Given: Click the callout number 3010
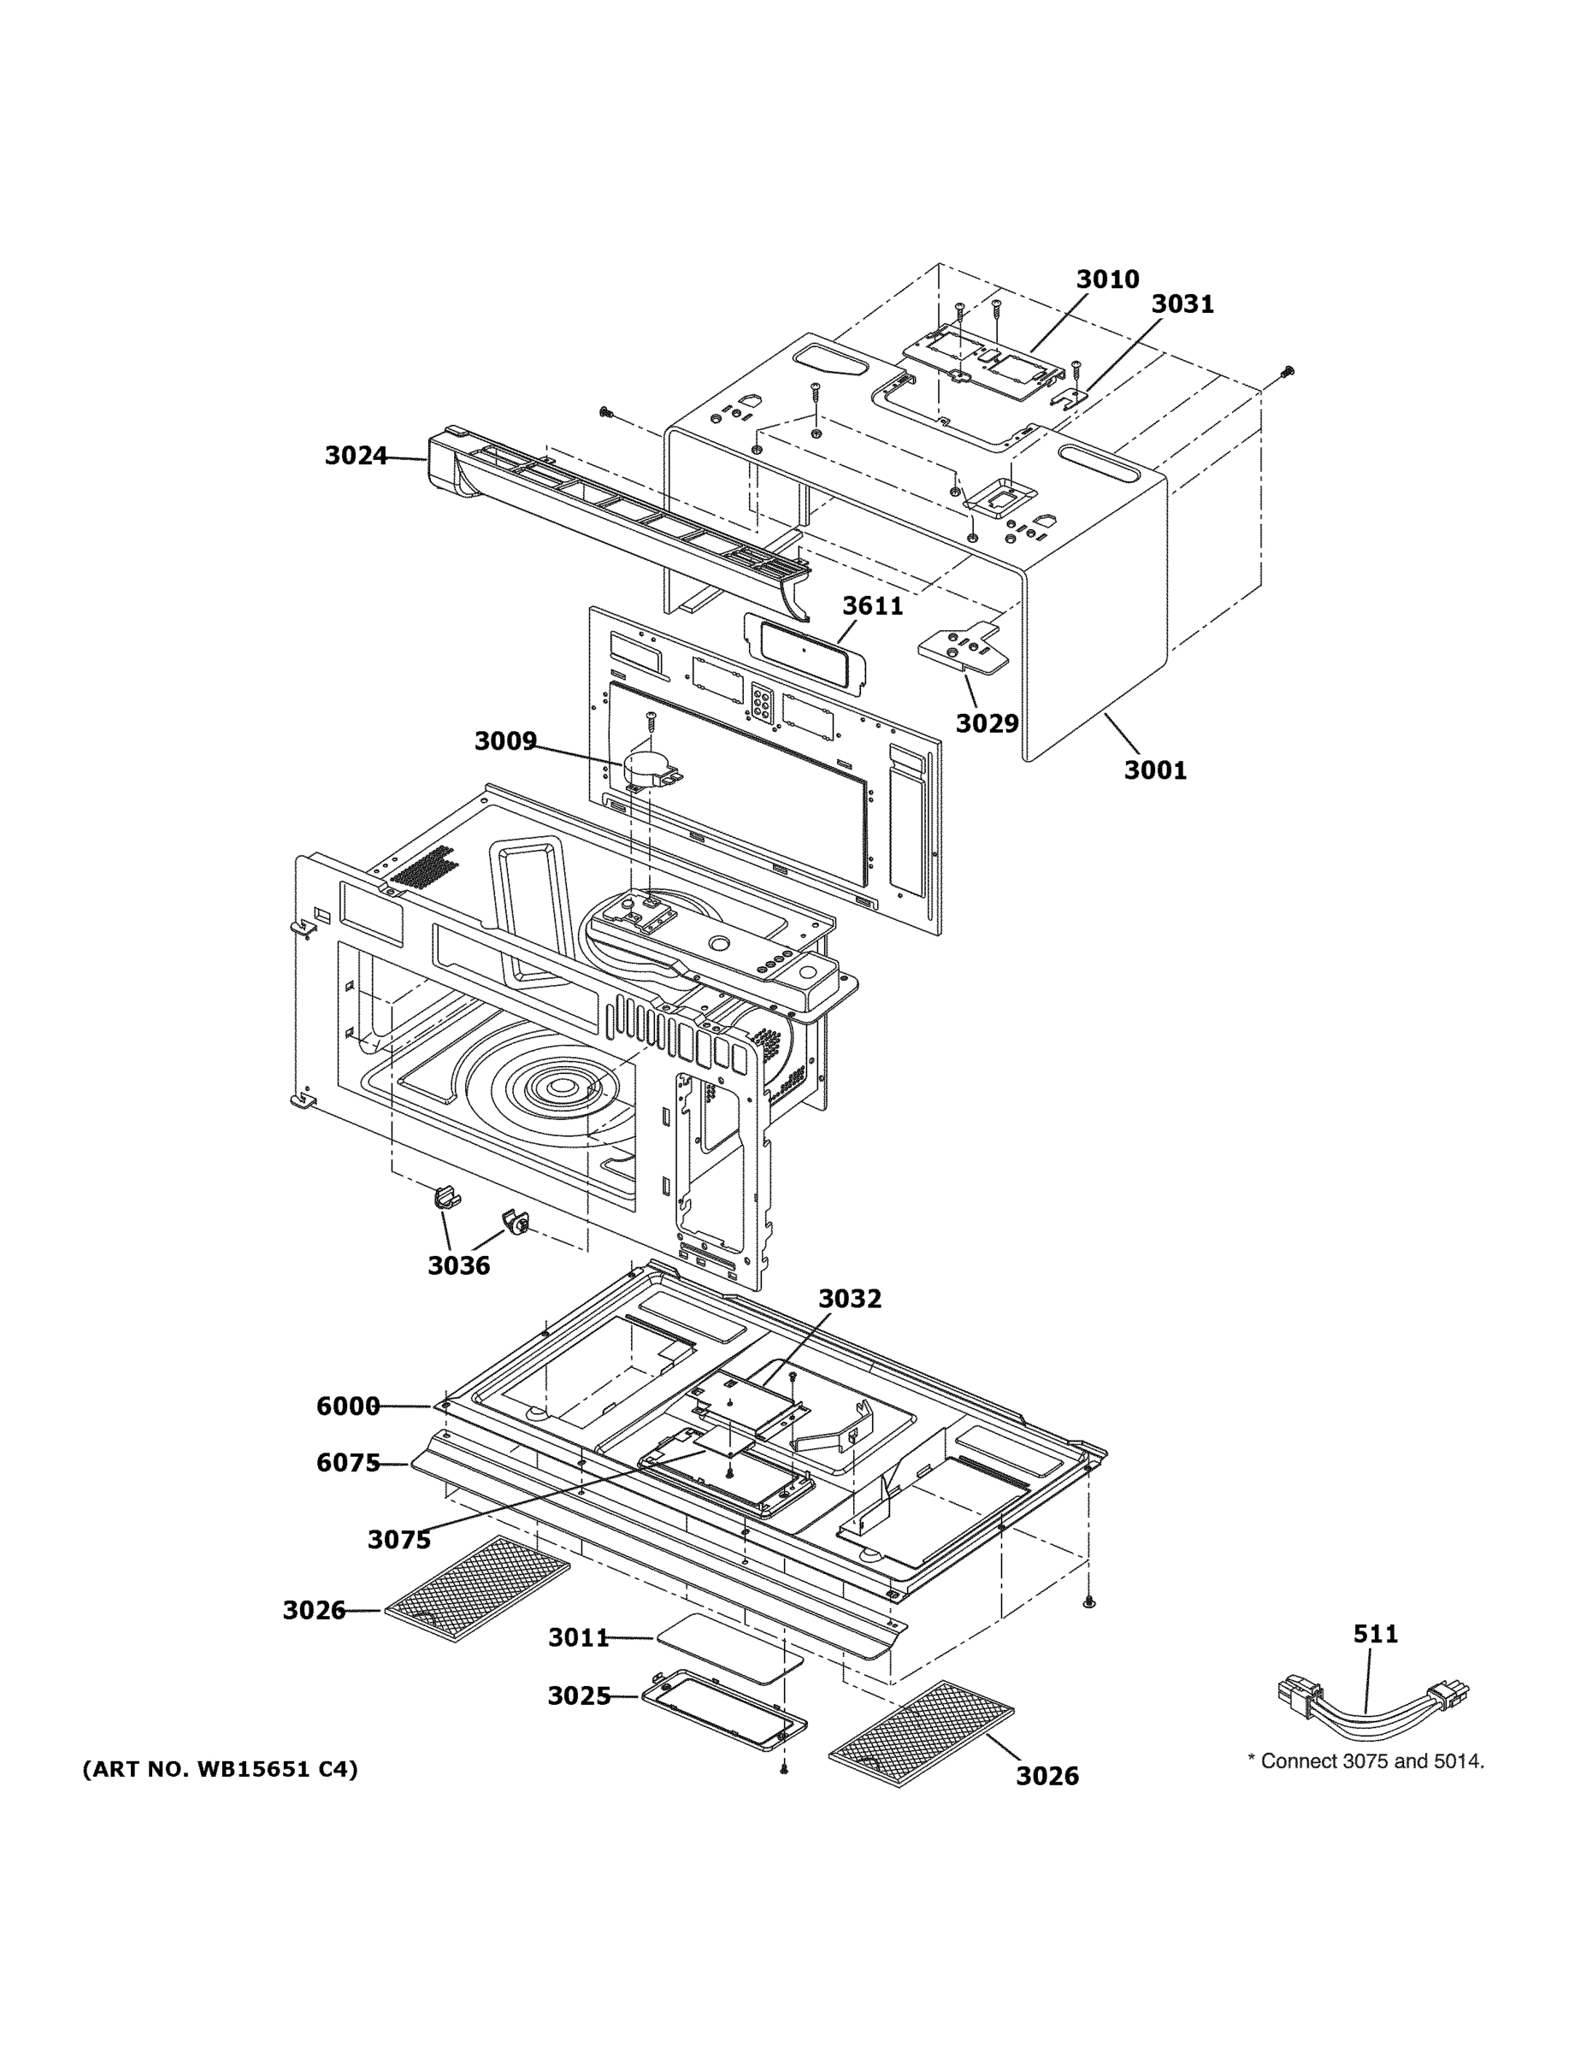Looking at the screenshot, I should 1107,279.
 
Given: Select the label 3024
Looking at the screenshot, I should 355,456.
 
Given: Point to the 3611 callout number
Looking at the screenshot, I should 872,606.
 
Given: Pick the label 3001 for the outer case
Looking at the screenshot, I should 1155,770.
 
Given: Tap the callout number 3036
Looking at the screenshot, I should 458,1265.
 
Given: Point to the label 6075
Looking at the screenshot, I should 348,1463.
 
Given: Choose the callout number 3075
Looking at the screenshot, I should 398,1540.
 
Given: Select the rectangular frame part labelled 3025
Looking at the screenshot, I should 723,1716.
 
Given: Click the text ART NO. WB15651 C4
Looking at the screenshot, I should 220,1770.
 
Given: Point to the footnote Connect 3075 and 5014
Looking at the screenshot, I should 1365,1761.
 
